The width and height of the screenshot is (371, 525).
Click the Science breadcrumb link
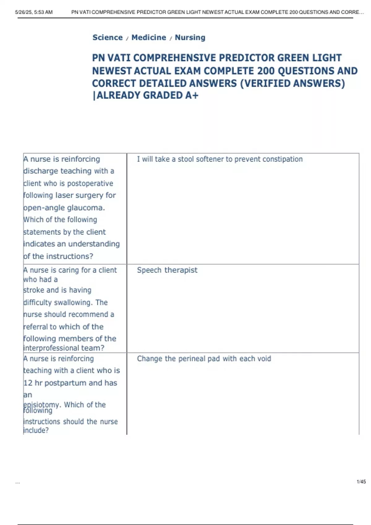coord(108,37)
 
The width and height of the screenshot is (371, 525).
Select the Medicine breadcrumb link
coord(149,37)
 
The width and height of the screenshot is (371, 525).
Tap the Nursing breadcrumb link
coord(190,37)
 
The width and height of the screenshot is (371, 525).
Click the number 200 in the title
coord(266,71)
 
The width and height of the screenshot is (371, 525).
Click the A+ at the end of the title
coord(192,95)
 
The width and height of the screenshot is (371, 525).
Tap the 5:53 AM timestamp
coord(45,12)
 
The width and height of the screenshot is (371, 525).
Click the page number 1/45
coord(361,481)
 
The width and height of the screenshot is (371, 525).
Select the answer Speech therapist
coord(167,270)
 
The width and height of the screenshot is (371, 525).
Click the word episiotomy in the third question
coord(42,405)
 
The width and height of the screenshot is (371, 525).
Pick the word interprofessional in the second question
coord(51,348)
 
